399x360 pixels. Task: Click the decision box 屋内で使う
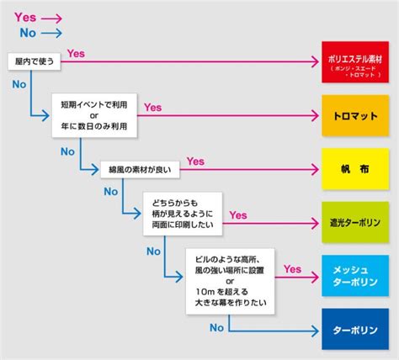34,61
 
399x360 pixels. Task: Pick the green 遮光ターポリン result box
356,223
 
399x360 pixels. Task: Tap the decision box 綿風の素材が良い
137,168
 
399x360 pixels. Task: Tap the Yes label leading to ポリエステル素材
76,54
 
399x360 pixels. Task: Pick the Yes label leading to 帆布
195,160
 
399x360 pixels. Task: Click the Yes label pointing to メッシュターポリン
292,269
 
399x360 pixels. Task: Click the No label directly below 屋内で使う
19,84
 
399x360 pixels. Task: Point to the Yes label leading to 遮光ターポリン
238,214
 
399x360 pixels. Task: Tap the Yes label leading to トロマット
152,107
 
